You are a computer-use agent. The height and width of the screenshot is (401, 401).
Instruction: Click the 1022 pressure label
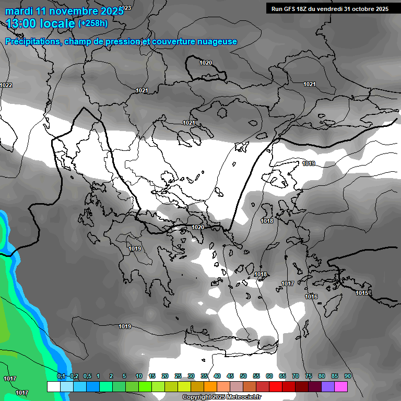[x=6, y=85]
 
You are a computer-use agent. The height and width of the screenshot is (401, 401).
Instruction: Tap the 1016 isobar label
[x=311, y=297]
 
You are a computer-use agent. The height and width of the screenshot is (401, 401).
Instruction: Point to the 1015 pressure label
[x=362, y=293]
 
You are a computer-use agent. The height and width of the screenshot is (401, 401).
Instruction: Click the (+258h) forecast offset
[x=92, y=23]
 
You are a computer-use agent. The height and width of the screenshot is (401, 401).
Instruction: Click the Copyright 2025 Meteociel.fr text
[x=222, y=397]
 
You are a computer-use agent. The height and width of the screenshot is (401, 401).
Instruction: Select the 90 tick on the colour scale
[x=348, y=376]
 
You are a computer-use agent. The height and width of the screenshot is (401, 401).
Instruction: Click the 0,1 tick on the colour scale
[x=61, y=376]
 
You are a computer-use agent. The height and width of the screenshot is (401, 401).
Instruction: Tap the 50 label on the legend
[x=243, y=376]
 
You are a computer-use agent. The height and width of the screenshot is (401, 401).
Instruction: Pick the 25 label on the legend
[x=178, y=376]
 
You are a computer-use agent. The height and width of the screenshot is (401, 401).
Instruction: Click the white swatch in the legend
[x=53, y=386]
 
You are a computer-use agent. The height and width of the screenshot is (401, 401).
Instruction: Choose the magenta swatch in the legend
[x=341, y=386]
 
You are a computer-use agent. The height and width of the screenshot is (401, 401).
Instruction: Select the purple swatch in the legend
[x=328, y=386]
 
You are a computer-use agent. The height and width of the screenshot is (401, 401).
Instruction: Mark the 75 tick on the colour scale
[x=309, y=376]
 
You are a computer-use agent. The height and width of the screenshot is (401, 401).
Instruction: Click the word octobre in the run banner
[x=361, y=8]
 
